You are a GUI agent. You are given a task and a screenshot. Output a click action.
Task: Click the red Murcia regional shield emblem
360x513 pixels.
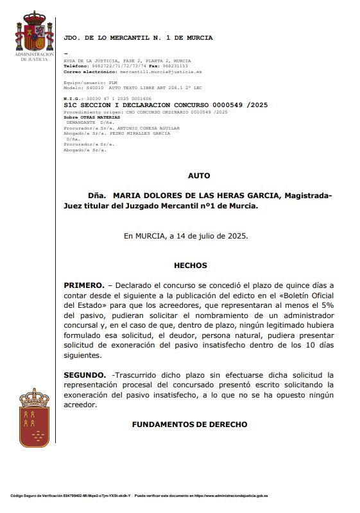[x=34, y=417]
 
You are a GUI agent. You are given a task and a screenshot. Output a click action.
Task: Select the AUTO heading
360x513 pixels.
[x=198, y=175]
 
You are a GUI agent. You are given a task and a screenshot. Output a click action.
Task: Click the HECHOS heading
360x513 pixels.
[x=190, y=265]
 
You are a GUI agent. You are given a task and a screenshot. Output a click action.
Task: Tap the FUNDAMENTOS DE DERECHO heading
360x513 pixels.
[x=189, y=425]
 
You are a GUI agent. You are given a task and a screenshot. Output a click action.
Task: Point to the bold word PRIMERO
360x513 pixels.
[x=83, y=285]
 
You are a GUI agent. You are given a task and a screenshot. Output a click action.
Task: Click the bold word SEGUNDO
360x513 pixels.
[x=85, y=374]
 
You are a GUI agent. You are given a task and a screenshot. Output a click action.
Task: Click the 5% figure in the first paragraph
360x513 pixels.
[x=326, y=305]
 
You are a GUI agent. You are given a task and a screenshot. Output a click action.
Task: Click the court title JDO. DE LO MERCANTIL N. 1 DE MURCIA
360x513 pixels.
[x=138, y=38]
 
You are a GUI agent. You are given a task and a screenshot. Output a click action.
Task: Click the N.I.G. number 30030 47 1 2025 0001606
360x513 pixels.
[x=112, y=98]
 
